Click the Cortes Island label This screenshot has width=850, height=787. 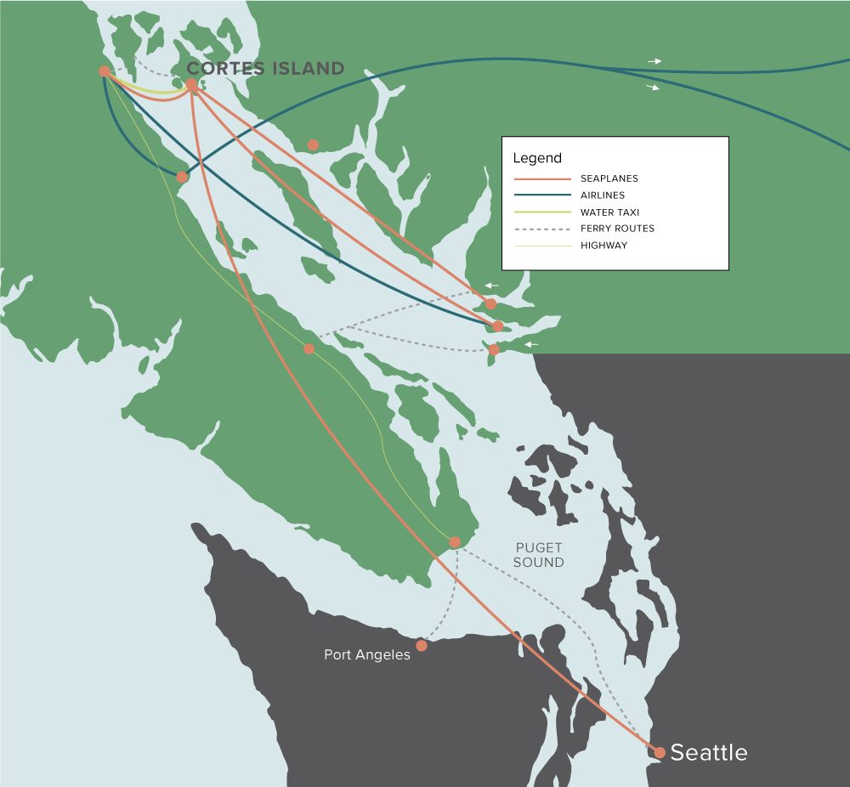pos(265,69)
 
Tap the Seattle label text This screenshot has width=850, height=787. pos(709,752)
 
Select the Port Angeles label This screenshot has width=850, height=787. pos(366,654)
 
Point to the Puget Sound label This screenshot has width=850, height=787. pos(539,555)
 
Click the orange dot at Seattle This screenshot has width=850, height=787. pos(660,752)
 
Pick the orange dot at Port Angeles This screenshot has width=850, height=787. pos(422,646)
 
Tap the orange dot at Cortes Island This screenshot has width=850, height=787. pos(192,85)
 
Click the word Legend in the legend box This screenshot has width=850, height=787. pos(537,158)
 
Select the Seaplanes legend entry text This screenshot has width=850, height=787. pos(609,179)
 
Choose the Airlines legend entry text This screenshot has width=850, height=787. pos(603,195)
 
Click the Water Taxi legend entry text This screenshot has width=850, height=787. pos(609,212)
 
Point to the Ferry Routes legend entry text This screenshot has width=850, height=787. pos(617,229)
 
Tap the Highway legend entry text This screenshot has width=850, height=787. pos(604,246)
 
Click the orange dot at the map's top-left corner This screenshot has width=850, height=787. pos(104,71)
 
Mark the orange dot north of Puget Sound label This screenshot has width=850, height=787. pos(455,542)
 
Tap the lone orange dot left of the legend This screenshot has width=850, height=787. pos(313,145)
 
